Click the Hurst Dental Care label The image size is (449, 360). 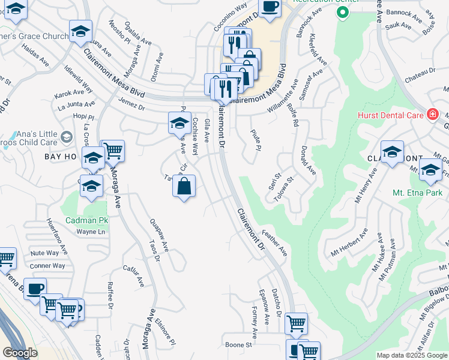coord(390,114)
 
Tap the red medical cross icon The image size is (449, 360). coord(432,114)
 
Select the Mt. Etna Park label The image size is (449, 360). coord(417,193)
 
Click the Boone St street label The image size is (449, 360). coord(238,345)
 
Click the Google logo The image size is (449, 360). coord(20,353)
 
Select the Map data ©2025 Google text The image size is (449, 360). coord(411,355)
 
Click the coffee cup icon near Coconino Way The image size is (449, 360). coord(270,7)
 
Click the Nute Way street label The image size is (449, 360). coord(44,253)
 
